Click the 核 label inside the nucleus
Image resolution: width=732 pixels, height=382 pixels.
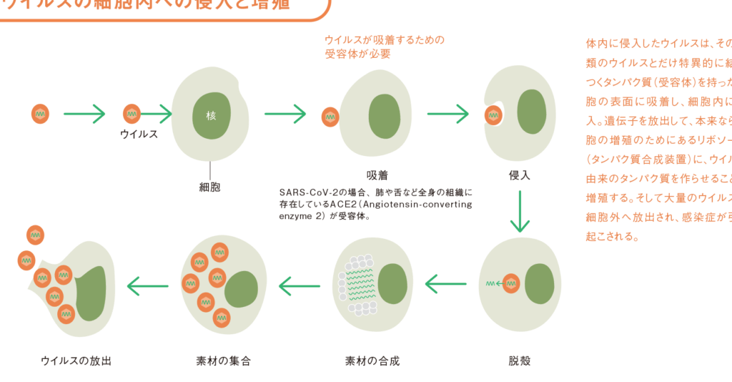(211, 115)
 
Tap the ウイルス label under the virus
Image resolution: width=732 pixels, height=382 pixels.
(139, 134)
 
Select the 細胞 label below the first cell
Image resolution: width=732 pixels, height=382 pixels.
(209, 187)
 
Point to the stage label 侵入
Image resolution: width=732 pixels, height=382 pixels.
(520, 175)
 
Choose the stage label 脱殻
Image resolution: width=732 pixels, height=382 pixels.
(520, 361)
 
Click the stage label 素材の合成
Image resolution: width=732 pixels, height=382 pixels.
(372, 361)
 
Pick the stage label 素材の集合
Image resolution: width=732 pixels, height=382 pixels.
(223, 361)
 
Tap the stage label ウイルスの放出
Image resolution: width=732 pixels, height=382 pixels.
(76, 361)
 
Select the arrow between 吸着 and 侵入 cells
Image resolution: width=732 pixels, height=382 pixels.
(448, 113)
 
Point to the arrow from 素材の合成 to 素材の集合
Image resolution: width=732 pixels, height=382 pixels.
(300, 286)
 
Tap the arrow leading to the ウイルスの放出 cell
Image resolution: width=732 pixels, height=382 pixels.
(147, 286)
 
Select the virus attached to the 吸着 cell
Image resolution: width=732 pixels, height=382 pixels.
(330, 115)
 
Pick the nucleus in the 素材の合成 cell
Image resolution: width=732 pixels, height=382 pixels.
(393, 283)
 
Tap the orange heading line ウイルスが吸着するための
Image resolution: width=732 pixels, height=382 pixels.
(384, 39)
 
